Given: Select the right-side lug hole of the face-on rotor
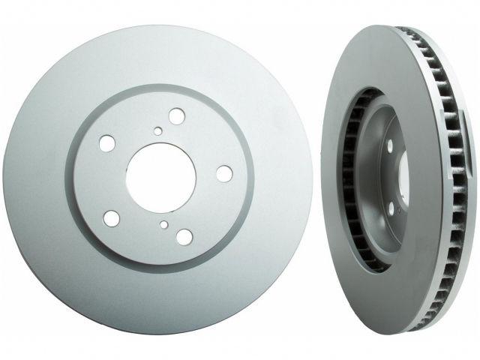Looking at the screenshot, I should click(x=223, y=173).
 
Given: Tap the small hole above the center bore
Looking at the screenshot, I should click(x=157, y=132).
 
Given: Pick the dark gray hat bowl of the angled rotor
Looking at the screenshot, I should click(x=379, y=180).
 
